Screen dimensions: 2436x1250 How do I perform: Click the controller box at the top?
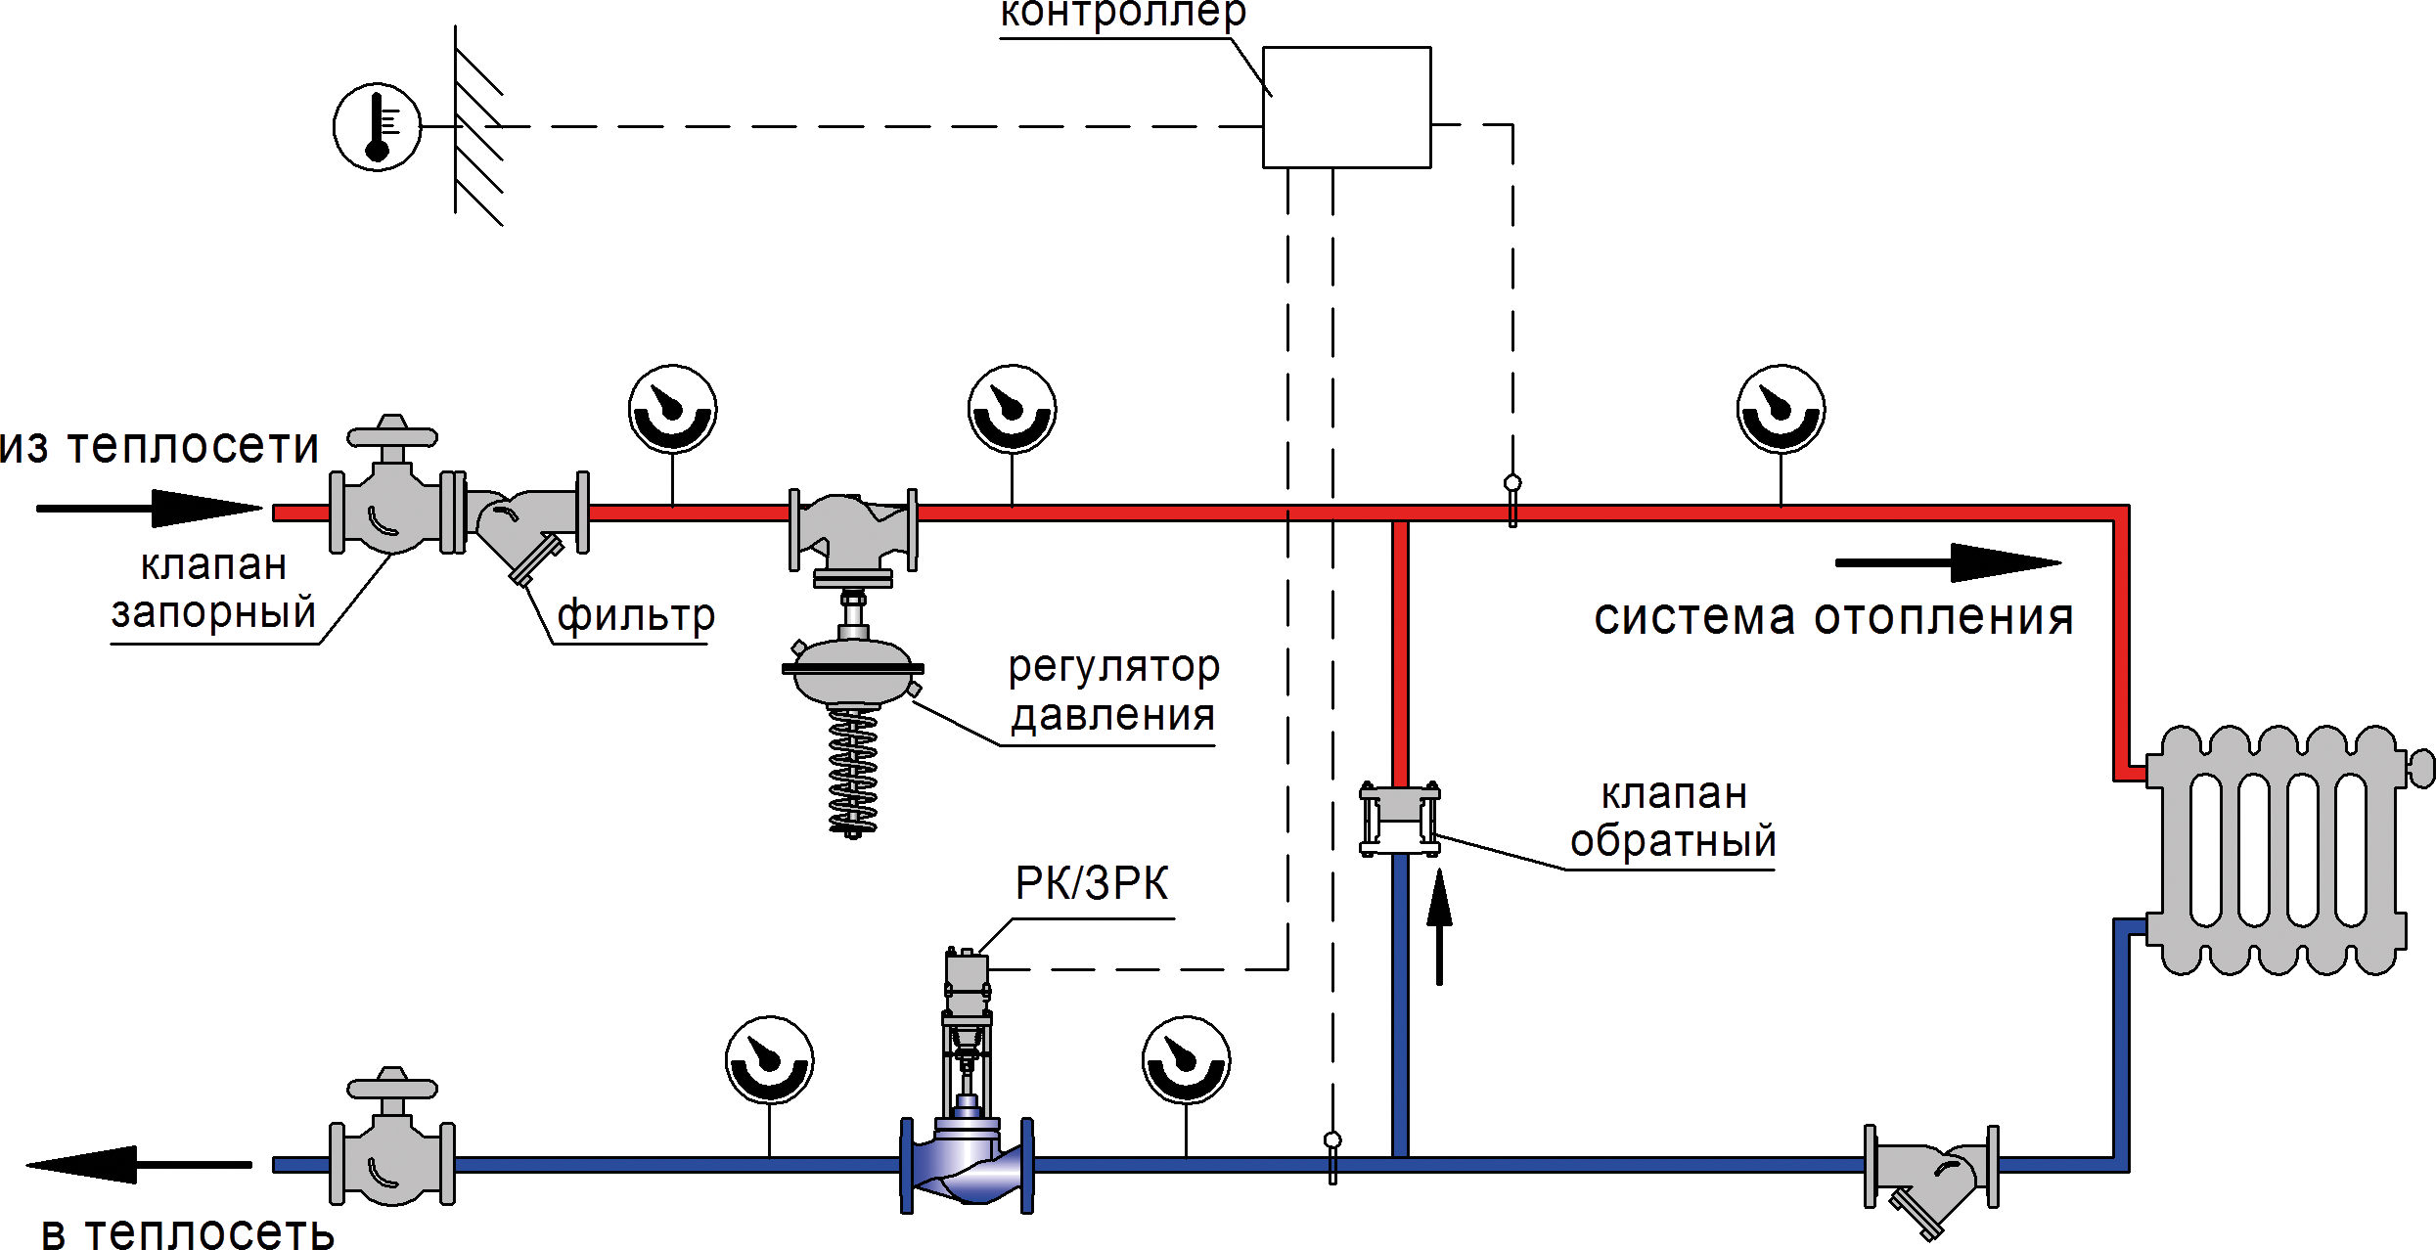click(x=1347, y=108)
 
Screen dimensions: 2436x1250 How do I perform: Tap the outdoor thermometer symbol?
click(x=378, y=127)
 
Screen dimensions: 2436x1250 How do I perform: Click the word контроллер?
click(x=1123, y=15)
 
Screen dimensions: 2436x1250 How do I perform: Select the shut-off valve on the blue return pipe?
click(x=392, y=1137)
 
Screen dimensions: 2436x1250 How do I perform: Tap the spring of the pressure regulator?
click(x=853, y=773)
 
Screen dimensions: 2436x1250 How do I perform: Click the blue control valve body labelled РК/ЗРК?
click(x=967, y=1164)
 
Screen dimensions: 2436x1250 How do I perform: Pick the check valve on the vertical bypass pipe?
click(x=1400, y=820)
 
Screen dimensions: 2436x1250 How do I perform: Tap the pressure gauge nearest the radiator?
click(x=1781, y=409)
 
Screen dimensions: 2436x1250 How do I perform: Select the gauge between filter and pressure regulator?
click(x=673, y=409)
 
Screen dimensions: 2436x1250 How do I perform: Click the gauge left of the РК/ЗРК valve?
click(x=770, y=1060)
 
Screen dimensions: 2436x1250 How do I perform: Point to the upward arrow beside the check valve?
click(x=1439, y=927)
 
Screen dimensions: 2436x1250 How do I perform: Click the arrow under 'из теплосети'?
click(x=150, y=508)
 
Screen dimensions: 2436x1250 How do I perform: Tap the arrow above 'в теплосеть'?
click(x=139, y=1164)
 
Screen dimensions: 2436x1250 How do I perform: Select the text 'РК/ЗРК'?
click(x=1092, y=883)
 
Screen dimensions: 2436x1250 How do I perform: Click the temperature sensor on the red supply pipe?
click(x=1512, y=501)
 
